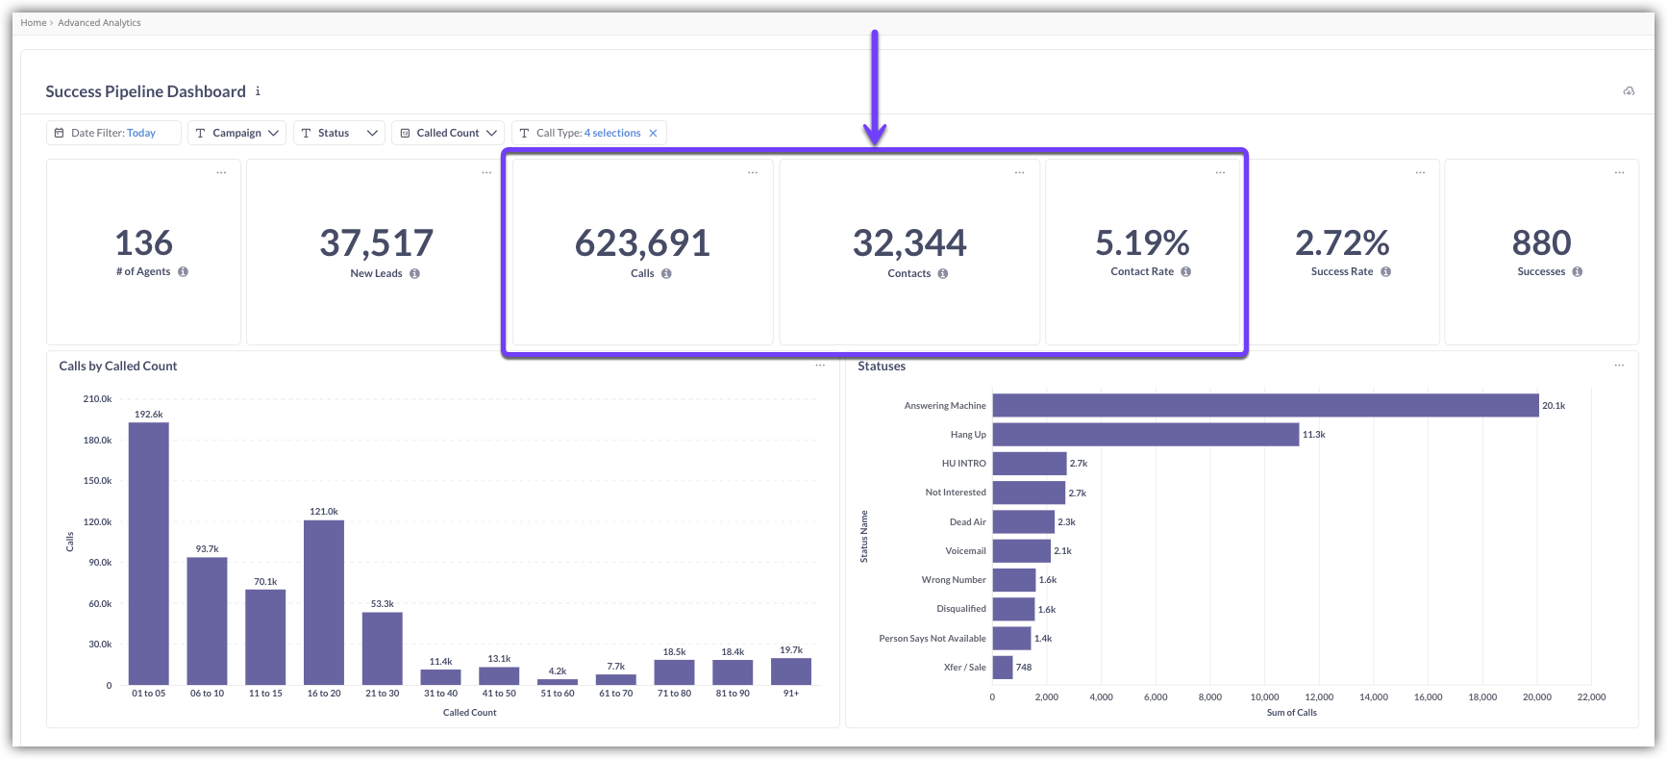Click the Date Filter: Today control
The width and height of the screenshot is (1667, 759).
click(x=113, y=133)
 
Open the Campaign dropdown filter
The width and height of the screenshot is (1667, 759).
click(x=236, y=133)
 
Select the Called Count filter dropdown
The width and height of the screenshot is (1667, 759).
click(x=449, y=133)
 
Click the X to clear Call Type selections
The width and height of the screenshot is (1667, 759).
click(x=653, y=133)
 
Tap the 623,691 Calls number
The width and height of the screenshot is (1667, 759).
click(x=642, y=243)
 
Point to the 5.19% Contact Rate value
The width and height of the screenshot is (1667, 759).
click(x=1142, y=243)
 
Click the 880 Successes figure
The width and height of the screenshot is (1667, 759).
click(x=1541, y=243)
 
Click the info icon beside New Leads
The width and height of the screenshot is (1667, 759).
click(x=414, y=273)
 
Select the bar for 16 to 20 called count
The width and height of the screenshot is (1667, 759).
click(x=324, y=601)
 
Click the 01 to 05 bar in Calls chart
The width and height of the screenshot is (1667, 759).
click(x=149, y=553)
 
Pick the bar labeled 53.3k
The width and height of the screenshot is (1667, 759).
click(x=382, y=647)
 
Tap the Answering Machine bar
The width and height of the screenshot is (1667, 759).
click(x=1265, y=406)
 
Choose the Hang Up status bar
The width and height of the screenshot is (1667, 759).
click(x=1145, y=435)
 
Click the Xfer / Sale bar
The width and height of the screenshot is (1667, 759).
click(x=1003, y=668)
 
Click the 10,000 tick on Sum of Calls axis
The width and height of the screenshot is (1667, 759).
click(x=1264, y=697)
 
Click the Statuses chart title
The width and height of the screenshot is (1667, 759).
click(x=882, y=367)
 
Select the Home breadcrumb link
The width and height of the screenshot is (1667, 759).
click(x=34, y=23)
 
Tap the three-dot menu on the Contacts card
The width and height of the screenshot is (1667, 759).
click(x=1019, y=173)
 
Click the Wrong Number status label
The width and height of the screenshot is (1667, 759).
click(x=953, y=580)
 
